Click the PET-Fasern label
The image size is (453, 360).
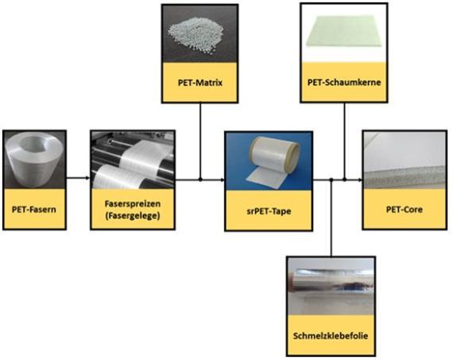pyautogui.click(x=34, y=209)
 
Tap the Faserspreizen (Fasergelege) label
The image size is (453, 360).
pyautogui.click(x=132, y=210)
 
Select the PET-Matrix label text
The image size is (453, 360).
pyautogui.click(x=200, y=83)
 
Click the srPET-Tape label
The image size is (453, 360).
pyautogui.click(x=269, y=211)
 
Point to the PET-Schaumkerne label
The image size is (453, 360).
pyautogui.click(x=344, y=83)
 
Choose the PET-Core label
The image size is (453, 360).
pyautogui.click(x=405, y=209)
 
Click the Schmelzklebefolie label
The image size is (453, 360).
pyautogui.click(x=331, y=335)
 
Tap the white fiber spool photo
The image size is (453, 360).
pyautogui.click(x=34, y=160)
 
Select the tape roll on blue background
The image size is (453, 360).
pyautogui.click(x=269, y=161)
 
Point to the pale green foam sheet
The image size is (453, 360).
pyautogui.click(x=344, y=33)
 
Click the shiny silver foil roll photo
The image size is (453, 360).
pyautogui.click(x=331, y=286)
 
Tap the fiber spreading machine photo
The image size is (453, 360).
pyautogui.click(x=133, y=160)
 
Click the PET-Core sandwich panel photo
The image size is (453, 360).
pyautogui.click(x=405, y=160)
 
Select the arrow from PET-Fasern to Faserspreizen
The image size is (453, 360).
pyautogui.click(x=78, y=178)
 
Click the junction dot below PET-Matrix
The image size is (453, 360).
pyautogui.click(x=200, y=180)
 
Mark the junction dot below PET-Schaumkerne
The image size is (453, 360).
pyautogui.click(x=344, y=180)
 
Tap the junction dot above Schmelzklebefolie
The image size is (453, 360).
pyautogui.click(x=331, y=180)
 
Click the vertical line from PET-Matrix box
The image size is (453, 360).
pyautogui.click(x=200, y=141)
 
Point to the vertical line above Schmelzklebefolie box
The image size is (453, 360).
pyautogui.click(x=331, y=218)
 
